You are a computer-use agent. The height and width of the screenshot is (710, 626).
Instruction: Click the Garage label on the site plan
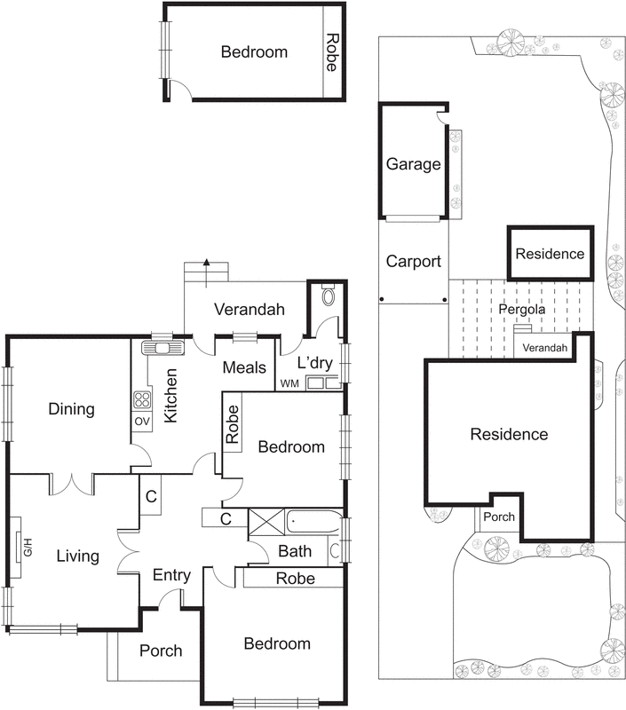(x=414, y=164)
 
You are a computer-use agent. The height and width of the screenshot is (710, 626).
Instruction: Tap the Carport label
(x=414, y=262)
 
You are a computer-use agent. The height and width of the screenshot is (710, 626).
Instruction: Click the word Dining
(x=71, y=409)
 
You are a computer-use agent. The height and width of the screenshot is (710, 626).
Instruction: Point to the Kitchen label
(x=171, y=396)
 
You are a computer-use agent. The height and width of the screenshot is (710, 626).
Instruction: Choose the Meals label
(x=244, y=368)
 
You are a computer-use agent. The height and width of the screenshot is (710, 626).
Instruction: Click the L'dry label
(x=313, y=365)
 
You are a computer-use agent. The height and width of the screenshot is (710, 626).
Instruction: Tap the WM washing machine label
(x=289, y=383)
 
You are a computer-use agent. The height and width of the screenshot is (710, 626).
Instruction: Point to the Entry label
(x=171, y=575)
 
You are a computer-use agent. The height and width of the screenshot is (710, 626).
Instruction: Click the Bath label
(x=296, y=551)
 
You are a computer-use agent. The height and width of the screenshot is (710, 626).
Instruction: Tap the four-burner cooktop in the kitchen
(x=142, y=399)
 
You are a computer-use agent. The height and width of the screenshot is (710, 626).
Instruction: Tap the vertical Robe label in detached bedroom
(x=333, y=52)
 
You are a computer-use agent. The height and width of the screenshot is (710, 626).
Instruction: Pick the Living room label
(x=77, y=556)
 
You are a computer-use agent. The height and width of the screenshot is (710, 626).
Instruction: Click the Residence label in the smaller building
(x=551, y=254)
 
